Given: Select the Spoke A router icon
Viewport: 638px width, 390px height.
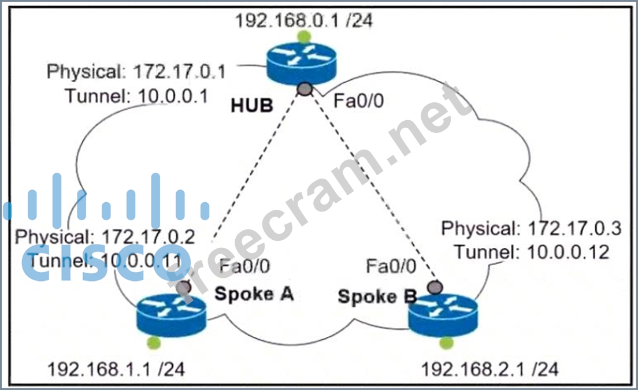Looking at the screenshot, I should [171, 314].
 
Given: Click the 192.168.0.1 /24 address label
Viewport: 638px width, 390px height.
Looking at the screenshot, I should [303, 21].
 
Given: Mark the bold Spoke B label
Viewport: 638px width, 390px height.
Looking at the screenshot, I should [377, 297].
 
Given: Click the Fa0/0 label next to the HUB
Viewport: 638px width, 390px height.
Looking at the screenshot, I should [358, 102].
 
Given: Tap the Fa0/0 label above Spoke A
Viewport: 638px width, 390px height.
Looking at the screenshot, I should [245, 266].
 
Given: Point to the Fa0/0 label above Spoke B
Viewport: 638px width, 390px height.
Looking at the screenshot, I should [391, 266].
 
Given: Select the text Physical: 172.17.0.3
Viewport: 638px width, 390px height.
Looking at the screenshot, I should [531, 229].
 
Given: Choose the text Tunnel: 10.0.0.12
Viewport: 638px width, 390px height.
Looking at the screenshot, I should [532, 252].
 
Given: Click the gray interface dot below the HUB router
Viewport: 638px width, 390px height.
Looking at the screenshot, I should [305, 88].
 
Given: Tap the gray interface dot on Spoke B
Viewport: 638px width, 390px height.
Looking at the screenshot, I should [435, 287].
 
